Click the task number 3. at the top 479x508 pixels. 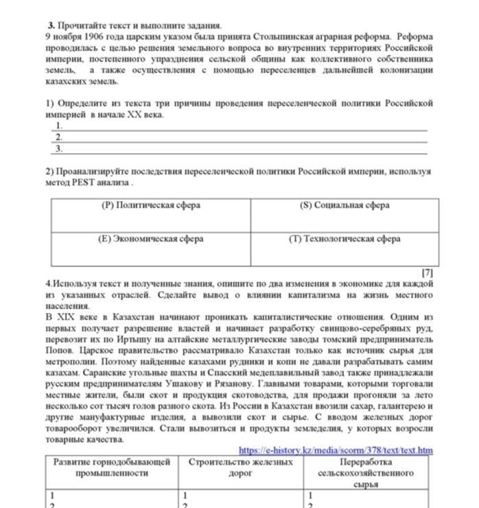tap(51, 25)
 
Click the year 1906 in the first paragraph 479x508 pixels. tap(92, 36)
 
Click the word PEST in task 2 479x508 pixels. tap(82, 183)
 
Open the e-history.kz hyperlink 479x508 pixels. tap(336, 450)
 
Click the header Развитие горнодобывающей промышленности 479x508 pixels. tap(112, 467)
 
